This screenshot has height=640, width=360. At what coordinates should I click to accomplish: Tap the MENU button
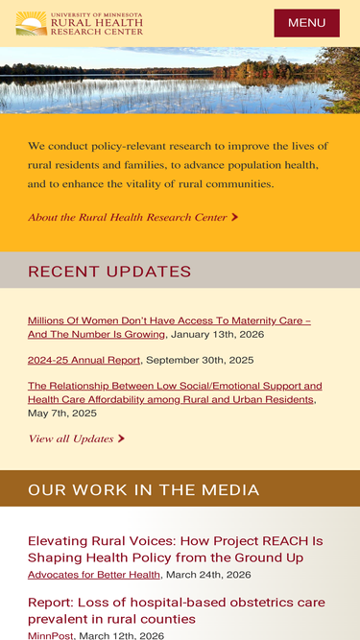tap(306, 23)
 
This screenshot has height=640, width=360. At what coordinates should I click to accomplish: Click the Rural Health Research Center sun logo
tap(31, 23)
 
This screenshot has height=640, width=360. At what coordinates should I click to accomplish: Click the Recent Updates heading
tap(109, 272)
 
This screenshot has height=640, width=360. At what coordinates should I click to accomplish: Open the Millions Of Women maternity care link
tap(169, 320)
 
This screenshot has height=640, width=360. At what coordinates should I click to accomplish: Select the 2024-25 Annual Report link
tap(84, 360)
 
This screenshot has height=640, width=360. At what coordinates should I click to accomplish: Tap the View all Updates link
tap(71, 439)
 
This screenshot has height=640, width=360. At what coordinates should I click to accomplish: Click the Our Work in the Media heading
tap(143, 489)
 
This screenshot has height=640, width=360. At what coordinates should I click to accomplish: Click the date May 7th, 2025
tap(62, 413)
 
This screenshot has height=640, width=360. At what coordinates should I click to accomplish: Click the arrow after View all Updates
tap(121, 439)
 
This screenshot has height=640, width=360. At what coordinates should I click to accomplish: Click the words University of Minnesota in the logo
tap(96, 15)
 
